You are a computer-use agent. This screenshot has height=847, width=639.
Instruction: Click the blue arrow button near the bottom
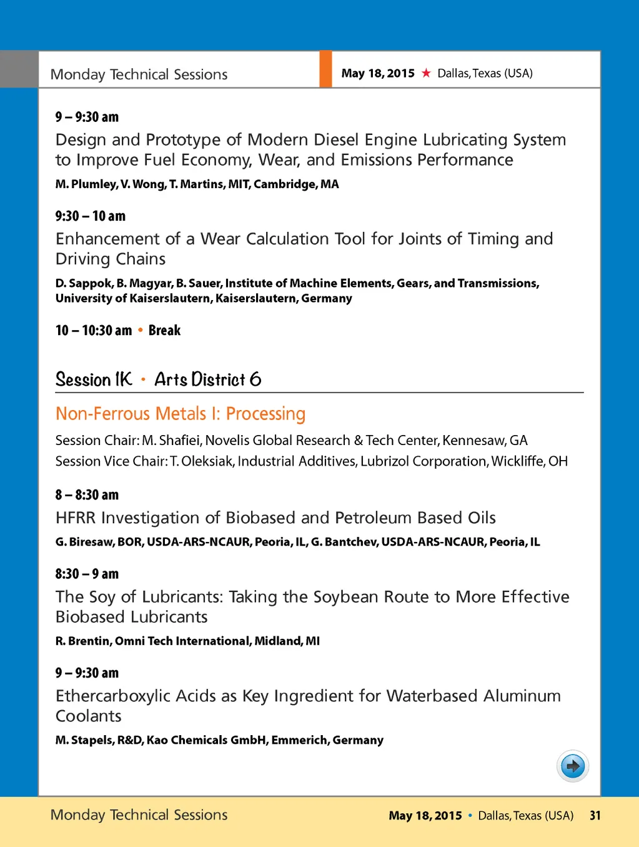572,766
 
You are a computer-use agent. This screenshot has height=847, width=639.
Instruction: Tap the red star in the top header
426,73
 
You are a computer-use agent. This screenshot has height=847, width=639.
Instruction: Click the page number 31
595,815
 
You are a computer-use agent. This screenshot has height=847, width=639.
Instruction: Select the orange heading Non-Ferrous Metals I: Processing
180,414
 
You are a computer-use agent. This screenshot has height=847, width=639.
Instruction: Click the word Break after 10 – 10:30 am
164,331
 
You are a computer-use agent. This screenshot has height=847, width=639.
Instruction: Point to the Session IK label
94,379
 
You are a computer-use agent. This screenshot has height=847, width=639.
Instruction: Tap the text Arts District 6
207,379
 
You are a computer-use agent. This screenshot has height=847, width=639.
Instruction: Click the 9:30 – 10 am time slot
90,216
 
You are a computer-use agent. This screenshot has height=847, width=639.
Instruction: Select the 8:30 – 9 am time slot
87,574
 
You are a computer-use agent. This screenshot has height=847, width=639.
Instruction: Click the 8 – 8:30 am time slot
87,495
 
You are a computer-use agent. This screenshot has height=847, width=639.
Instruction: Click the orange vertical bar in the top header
325,69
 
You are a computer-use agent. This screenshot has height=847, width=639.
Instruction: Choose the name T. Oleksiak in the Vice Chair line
201,461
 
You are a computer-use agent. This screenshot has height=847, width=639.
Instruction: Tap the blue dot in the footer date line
470,815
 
